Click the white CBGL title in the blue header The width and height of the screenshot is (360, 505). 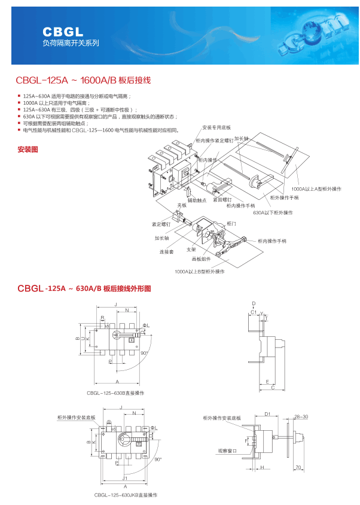63,31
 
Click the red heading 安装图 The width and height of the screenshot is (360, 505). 28,149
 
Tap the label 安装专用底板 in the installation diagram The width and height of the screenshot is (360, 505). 216,128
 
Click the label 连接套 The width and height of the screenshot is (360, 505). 166,252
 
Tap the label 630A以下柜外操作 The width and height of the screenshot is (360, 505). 273,212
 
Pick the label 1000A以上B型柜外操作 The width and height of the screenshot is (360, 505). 200,271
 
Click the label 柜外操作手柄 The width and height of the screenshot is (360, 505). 283,197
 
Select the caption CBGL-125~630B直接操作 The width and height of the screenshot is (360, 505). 115,393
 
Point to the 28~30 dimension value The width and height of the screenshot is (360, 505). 301,416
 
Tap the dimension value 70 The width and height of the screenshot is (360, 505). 297,467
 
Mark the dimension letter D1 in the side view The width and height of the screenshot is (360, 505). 268,413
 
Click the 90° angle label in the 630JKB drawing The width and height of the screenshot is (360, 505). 158,460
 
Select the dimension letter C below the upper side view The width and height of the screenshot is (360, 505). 273,388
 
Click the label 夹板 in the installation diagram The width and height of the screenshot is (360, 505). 181,206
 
